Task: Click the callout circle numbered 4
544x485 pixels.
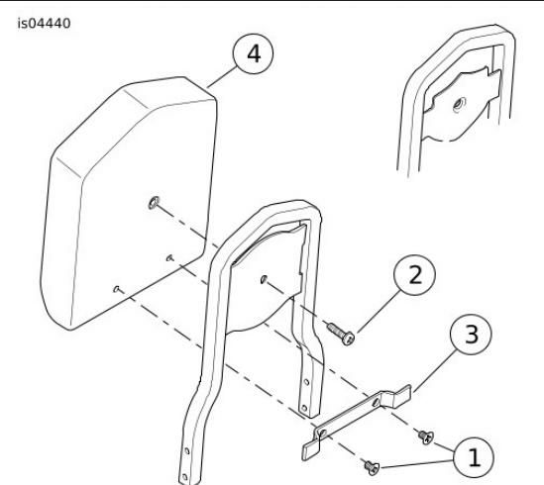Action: click(x=253, y=53)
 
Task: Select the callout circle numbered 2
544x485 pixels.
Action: click(x=414, y=275)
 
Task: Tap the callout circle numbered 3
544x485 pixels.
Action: click(x=471, y=335)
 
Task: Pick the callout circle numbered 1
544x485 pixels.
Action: click(x=474, y=457)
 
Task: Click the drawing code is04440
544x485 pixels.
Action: click(x=44, y=24)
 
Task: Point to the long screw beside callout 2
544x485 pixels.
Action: click(x=341, y=334)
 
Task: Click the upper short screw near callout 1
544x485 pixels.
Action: click(x=426, y=436)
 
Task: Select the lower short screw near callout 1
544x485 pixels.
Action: click(x=372, y=467)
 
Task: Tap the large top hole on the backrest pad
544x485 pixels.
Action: click(x=154, y=203)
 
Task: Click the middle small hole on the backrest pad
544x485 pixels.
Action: click(x=169, y=257)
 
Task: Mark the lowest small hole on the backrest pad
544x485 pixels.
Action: click(x=117, y=288)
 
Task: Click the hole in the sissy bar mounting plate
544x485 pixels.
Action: click(x=264, y=279)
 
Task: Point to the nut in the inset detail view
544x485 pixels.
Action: click(x=460, y=104)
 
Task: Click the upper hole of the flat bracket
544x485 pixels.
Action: click(x=375, y=403)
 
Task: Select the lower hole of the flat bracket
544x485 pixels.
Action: click(x=322, y=433)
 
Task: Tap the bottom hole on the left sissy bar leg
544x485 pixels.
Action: click(x=184, y=477)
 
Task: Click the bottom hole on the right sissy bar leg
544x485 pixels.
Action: click(x=304, y=408)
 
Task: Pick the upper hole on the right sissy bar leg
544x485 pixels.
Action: click(x=307, y=382)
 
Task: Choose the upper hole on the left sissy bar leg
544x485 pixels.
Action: click(x=187, y=451)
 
